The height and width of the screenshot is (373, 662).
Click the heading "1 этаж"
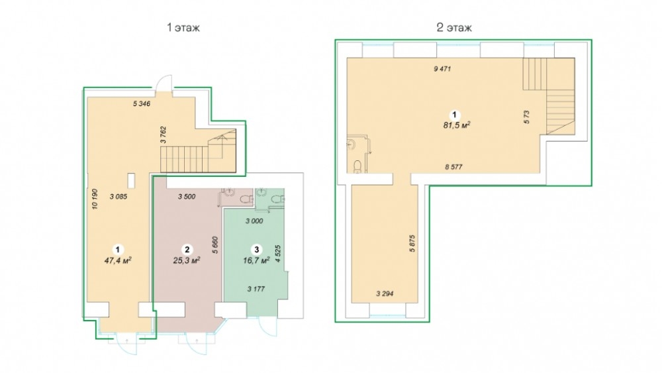[x=183, y=28]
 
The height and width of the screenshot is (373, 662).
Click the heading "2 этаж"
[x=454, y=28]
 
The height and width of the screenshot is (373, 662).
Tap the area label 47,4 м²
[x=118, y=260]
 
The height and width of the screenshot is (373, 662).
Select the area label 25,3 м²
[x=187, y=260]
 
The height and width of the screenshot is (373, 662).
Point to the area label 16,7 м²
[x=256, y=260]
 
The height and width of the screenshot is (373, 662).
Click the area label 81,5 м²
[x=457, y=125]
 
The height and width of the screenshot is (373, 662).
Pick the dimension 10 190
[x=95, y=199]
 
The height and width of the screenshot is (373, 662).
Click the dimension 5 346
[x=142, y=103]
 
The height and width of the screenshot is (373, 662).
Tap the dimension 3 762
[x=164, y=135]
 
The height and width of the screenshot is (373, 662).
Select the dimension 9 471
[x=442, y=69]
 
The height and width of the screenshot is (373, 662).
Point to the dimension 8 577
[x=454, y=167]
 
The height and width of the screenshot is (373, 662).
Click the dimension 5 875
[x=412, y=243]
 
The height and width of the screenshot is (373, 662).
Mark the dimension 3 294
[x=385, y=293]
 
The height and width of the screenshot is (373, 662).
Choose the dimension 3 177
[x=256, y=289]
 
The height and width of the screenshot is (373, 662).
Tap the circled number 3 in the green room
[x=256, y=249]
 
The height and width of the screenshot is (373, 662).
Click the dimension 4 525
[x=277, y=254]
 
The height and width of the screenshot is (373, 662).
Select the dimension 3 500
[x=187, y=196]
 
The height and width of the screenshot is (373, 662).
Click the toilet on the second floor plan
[x=357, y=166]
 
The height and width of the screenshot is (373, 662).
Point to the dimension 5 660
[x=215, y=244]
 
